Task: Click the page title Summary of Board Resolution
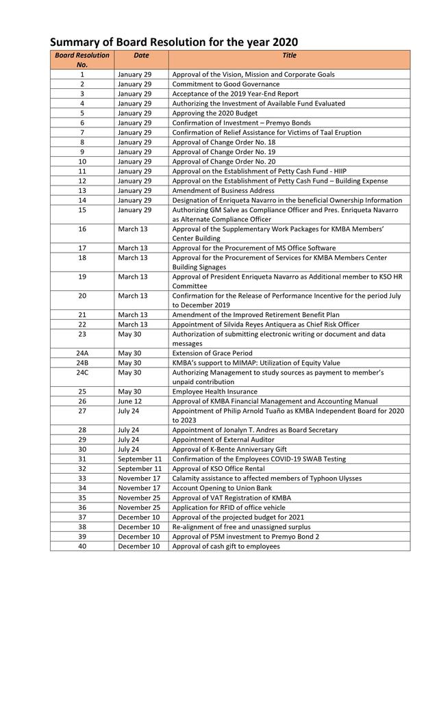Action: [174, 42]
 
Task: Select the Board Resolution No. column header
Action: [82, 59]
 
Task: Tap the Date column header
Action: [141, 55]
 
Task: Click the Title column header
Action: [289, 55]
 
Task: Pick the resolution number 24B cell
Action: [82, 363]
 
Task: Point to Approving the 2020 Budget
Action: [214, 113]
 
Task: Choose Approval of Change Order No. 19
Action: [223, 151]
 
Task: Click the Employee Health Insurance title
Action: [215, 392]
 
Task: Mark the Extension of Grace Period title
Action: [212, 353]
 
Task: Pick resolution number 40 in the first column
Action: [82, 546]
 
